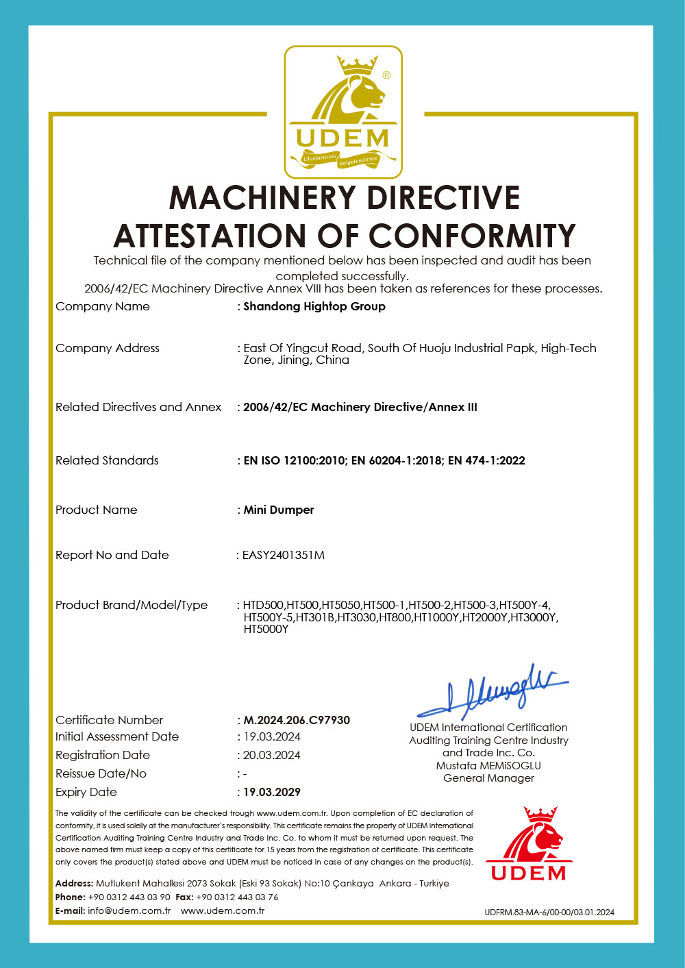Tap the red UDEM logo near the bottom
tap(529, 845)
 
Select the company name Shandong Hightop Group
tap(314, 306)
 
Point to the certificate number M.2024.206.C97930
tap(297, 720)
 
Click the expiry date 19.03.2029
tap(272, 792)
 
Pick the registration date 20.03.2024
tap(272, 755)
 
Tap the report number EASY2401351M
tap(284, 555)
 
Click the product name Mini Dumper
tap(279, 510)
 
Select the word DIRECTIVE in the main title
tap(443, 198)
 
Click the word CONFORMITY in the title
tap(473, 236)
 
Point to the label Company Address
tap(108, 348)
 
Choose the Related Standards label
tap(107, 460)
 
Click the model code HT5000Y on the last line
tap(266, 629)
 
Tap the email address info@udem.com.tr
tap(129, 910)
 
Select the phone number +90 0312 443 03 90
tap(129, 897)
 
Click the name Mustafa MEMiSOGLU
tap(488, 765)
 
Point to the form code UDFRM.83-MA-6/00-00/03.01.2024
tap(549, 912)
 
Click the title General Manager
tap(488, 778)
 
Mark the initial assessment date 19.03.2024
tap(272, 736)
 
